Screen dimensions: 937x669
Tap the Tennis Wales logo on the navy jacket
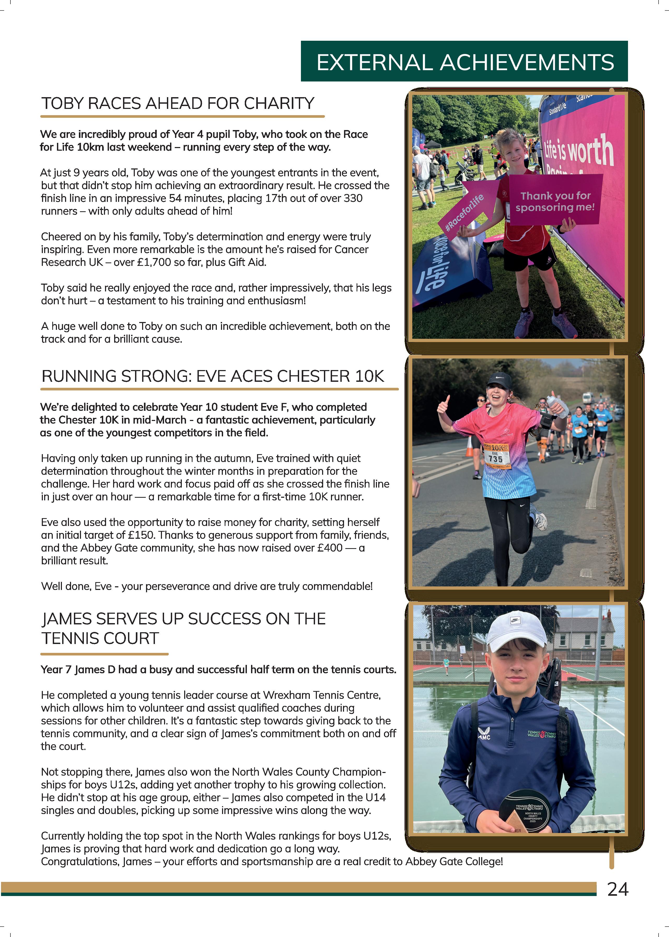click(541, 734)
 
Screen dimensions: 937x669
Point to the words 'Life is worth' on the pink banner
click(579, 150)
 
